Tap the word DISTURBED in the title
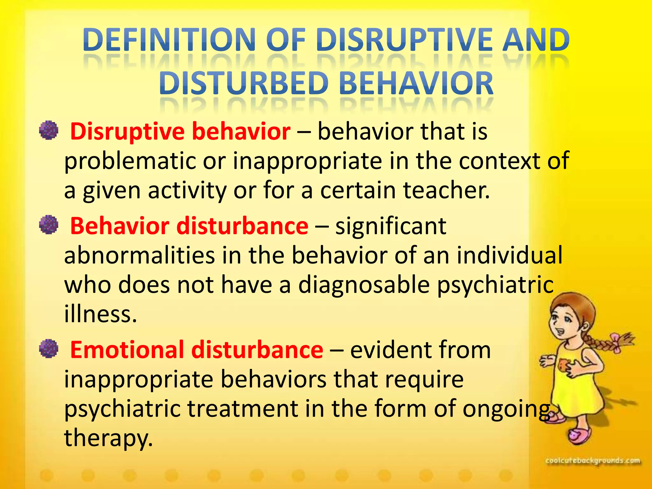(244, 83)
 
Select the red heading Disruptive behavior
(180, 131)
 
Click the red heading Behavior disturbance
(189, 226)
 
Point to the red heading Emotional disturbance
(196, 350)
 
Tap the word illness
(100, 314)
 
